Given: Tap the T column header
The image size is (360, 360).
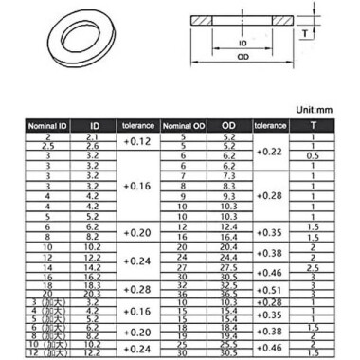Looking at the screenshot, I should [x=312, y=126].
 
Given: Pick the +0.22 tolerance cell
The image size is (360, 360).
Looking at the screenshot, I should [x=270, y=151].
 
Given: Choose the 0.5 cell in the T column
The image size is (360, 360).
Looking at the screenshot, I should [x=312, y=155].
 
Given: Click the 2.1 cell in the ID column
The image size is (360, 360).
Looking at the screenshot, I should [x=94, y=137].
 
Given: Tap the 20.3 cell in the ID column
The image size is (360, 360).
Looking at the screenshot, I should [x=94, y=294].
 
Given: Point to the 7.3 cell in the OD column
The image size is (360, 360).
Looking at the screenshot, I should [x=228, y=176].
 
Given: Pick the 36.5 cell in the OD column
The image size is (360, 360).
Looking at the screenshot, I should [x=228, y=294].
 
